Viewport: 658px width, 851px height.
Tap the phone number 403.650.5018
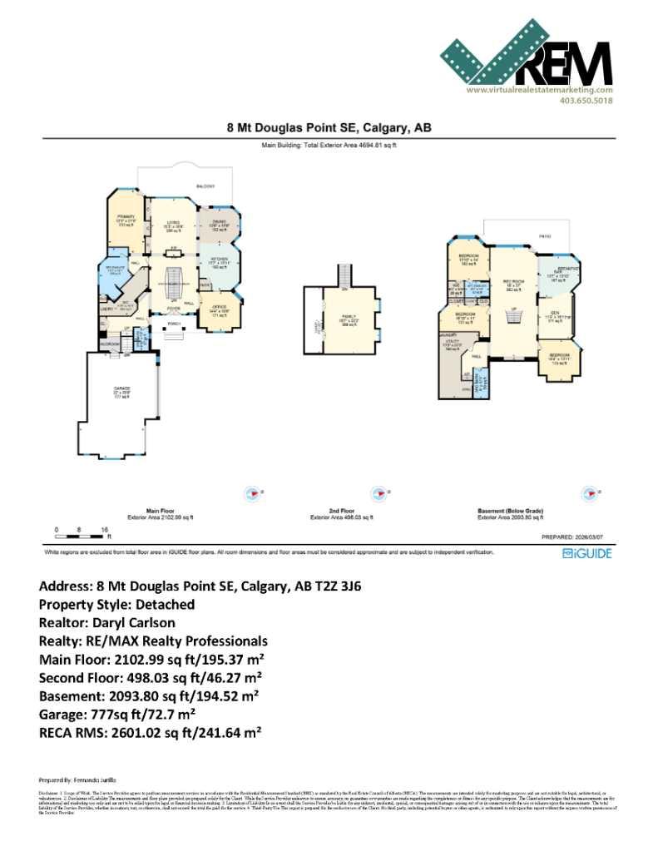tap(586, 101)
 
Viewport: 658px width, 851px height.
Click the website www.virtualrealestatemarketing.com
tap(539, 90)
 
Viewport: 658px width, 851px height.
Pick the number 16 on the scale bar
tap(105, 529)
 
